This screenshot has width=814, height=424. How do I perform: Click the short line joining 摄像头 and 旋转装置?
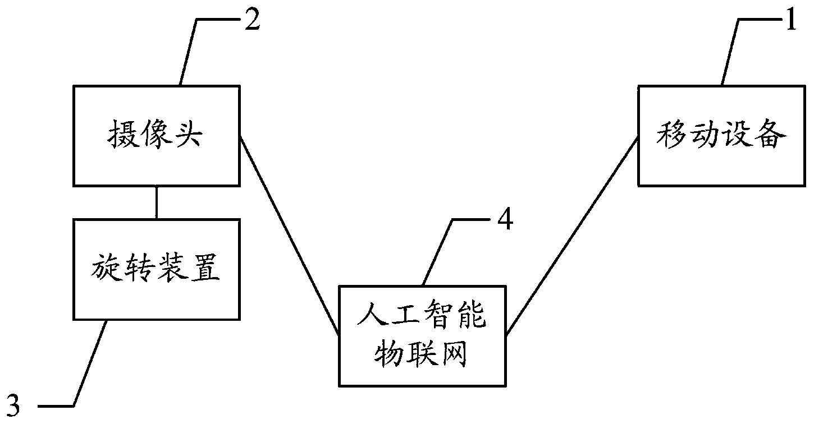156,202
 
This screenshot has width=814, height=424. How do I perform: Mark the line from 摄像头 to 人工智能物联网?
289,236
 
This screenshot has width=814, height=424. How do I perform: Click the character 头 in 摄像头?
189,135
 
